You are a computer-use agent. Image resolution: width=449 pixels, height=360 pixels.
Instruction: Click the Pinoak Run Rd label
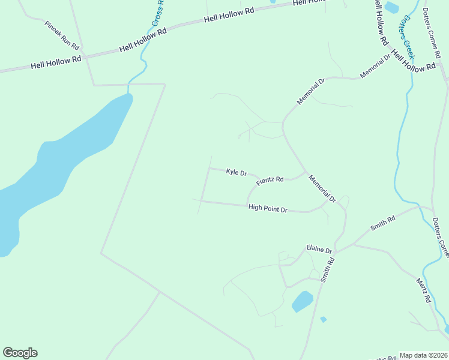tap(62, 35)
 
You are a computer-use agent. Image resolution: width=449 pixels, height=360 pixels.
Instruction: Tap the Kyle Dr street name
tap(237, 173)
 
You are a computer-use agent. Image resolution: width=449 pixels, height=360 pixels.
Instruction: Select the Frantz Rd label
tap(270, 181)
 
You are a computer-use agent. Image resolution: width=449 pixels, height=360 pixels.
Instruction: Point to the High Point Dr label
tap(268, 209)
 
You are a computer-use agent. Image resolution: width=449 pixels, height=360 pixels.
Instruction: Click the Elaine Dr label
tap(319, 248)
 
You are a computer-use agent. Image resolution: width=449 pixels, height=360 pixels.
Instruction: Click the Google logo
tap(20, 353)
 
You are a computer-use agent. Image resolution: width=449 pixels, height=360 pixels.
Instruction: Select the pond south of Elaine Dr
tap(303, 301)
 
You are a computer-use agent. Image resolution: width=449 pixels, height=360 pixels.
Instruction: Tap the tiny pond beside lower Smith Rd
tap(324, 319)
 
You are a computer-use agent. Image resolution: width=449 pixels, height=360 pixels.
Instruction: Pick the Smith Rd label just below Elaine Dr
tap(327, 269)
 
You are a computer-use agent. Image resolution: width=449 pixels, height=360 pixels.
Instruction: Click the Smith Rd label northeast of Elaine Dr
tap(383, 223)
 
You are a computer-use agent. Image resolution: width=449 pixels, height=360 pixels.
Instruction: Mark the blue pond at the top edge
tap(391, 8)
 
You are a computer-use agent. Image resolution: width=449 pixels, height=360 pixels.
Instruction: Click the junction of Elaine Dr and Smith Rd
tap(335, 251)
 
